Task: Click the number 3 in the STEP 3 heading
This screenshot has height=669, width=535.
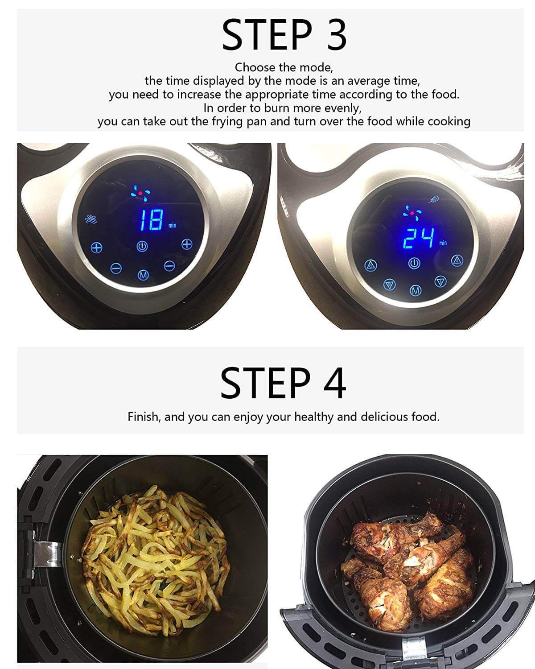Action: pyautogui.click(x=337, y=35)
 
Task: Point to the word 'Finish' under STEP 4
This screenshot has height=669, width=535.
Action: pyautogui.click(x=144, y=417)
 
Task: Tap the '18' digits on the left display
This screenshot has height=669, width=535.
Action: pyautogui.click(x=151, y=220)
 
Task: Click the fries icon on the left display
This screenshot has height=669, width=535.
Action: pyautogui.click(x=91, y=219)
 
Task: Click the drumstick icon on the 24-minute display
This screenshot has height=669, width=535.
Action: pyautogui.click(x=434, y=199)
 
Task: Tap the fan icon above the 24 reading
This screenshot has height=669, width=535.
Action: pyautogui.click(x=412, y=213)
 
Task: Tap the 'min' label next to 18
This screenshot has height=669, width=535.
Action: pyautogui.click(x=172, y=225)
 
